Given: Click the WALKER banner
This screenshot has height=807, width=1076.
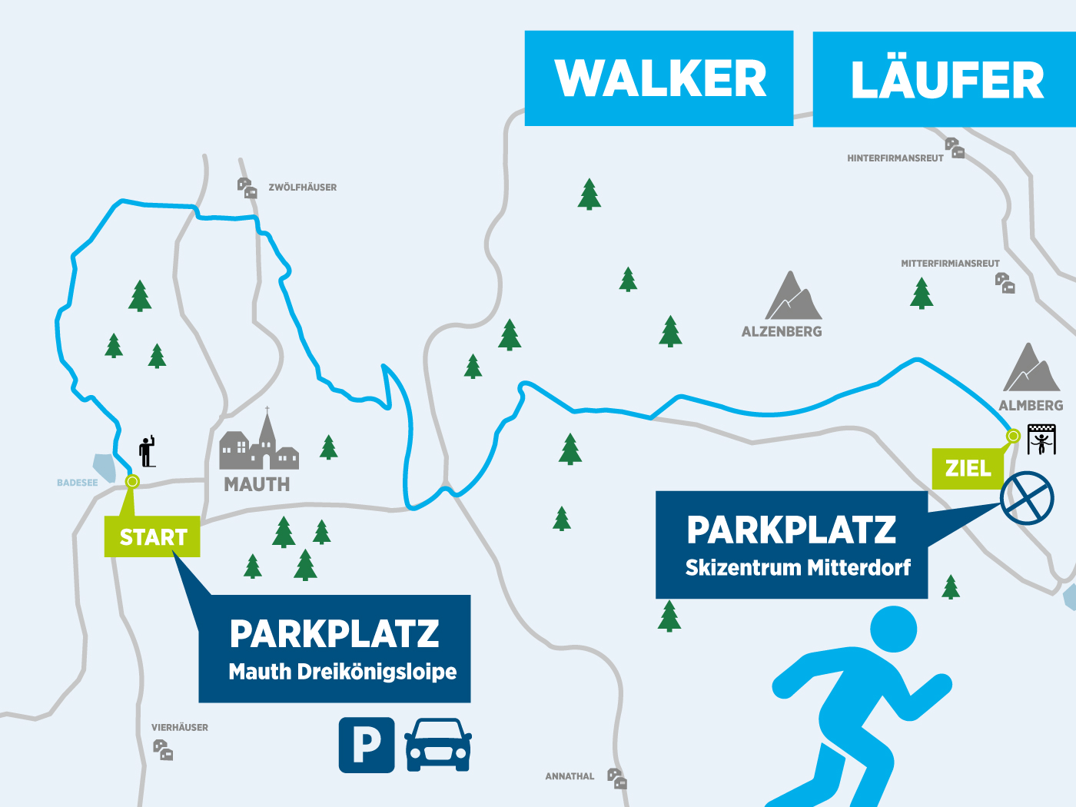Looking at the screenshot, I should pos(659,78).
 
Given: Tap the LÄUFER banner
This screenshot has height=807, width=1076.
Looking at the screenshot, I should pos(945,80).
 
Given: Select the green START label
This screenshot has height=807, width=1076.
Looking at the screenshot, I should pos(153,537).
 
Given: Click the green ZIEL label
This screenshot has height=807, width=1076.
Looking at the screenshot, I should pos(968,468).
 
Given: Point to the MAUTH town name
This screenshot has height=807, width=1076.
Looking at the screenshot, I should pos(257,484).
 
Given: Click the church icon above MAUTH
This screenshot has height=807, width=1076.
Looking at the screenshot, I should pos(260,444).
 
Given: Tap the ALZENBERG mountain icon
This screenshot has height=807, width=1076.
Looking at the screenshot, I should pos(793,297).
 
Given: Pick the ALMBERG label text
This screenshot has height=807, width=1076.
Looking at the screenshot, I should pos(1031,405).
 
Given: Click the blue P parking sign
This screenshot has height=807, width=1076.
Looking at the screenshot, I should pos(367,745).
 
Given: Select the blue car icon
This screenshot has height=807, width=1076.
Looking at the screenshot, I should pos(438,745).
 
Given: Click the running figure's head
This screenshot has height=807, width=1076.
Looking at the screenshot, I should pos(893,629).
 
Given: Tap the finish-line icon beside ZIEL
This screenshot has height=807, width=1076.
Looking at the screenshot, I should pos(1041,440).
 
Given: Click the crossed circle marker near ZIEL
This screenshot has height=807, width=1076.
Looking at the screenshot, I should pos(1027,498).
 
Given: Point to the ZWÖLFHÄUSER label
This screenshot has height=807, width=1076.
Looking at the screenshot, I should pos(302,188).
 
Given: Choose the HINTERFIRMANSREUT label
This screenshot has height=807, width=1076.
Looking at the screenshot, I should pos(895,158).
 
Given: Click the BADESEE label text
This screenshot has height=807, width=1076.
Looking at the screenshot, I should pos(78,483).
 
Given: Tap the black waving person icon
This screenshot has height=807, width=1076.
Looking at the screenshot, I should pos(147,452).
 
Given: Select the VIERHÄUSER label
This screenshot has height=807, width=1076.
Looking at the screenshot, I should pos(180,727).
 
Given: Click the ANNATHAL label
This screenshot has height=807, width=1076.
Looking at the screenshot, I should pos(570,776).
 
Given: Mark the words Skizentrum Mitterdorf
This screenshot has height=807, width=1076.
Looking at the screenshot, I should pos(798,568).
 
